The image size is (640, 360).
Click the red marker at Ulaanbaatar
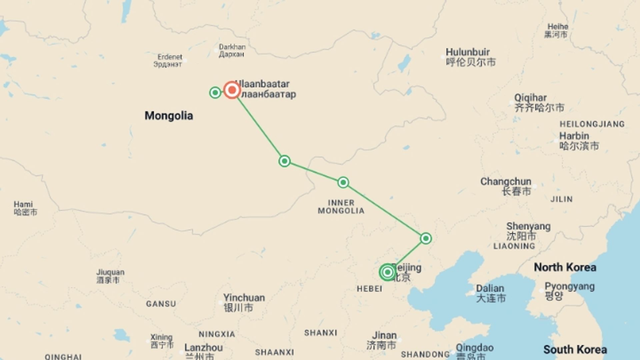232,90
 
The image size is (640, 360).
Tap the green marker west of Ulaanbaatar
215,92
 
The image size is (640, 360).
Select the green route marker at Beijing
387,272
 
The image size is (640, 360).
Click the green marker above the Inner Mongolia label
343,182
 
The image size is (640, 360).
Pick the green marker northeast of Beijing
426,238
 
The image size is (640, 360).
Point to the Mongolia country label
169,116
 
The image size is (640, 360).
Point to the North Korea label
565,267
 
